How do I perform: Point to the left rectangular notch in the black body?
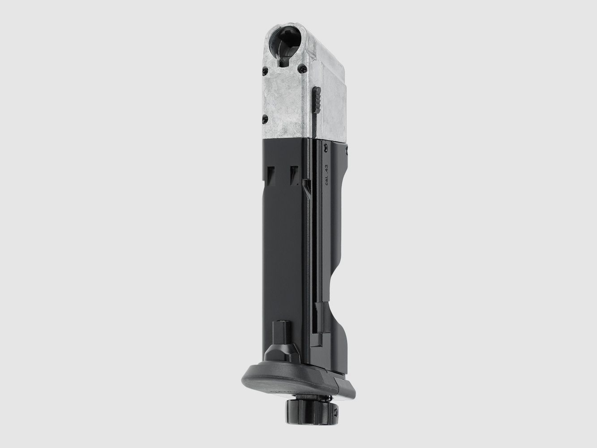[x=271, y=176]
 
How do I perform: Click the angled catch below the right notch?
[x=305, y=189]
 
